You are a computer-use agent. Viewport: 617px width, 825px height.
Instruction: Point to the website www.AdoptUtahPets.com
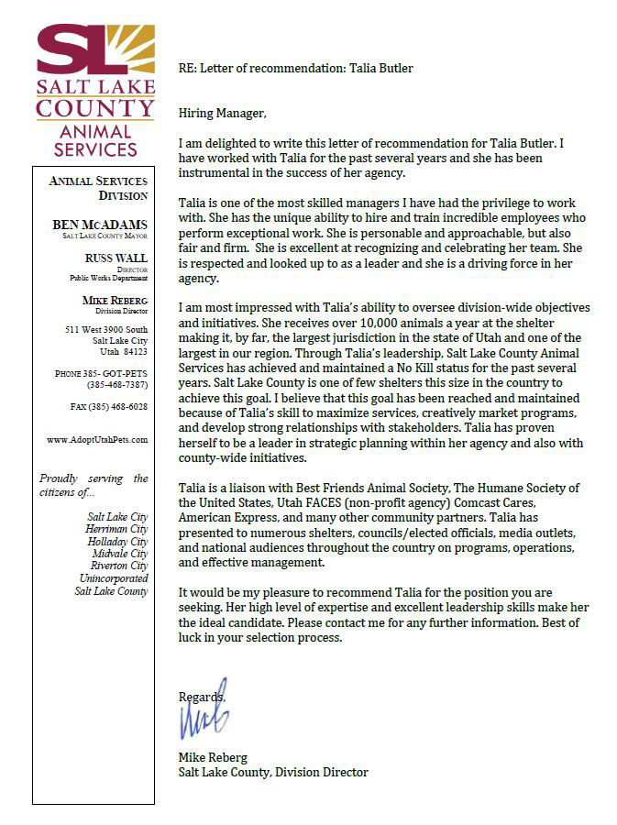pyautogui.click(x=97, y=440)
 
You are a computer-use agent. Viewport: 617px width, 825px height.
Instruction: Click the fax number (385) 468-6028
pyautogui.click(x=109, y=406)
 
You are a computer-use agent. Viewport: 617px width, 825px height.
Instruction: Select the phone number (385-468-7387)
pyautogui.click(x=117, y=384)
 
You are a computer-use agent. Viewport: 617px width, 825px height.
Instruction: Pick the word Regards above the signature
pyautogui.click(x=201, y=696)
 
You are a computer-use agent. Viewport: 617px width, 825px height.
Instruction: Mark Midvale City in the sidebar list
pyautogui.click(x=120, y=554)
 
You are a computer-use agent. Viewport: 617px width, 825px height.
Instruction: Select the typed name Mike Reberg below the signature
pyautogui.click(x=215, y=756)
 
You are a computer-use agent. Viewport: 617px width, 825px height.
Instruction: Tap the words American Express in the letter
pyautogui.click(x=227, y=518)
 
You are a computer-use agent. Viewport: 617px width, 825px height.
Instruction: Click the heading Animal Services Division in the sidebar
pyautogui.click(x=102, y=188)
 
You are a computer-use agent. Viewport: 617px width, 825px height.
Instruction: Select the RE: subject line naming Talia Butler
pyautogui.click(x=295, y=67)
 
